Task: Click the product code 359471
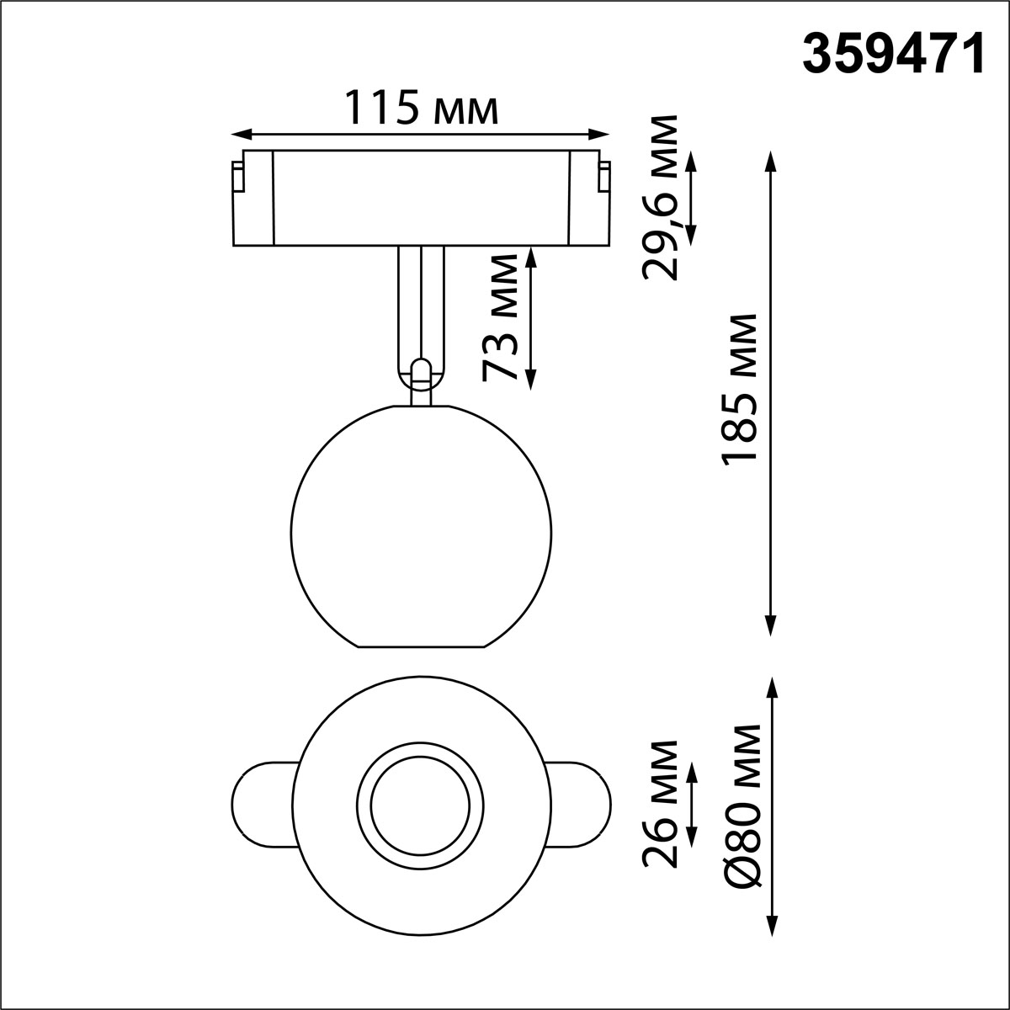(893, 56)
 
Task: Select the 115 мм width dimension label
(421, 109)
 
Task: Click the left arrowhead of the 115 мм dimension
(241, 134)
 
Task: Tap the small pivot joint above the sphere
(420, 372)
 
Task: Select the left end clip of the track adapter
(238, 178)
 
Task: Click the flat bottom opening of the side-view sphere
(421, 646)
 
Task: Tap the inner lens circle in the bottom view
(420, 803)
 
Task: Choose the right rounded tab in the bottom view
(582, 803)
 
